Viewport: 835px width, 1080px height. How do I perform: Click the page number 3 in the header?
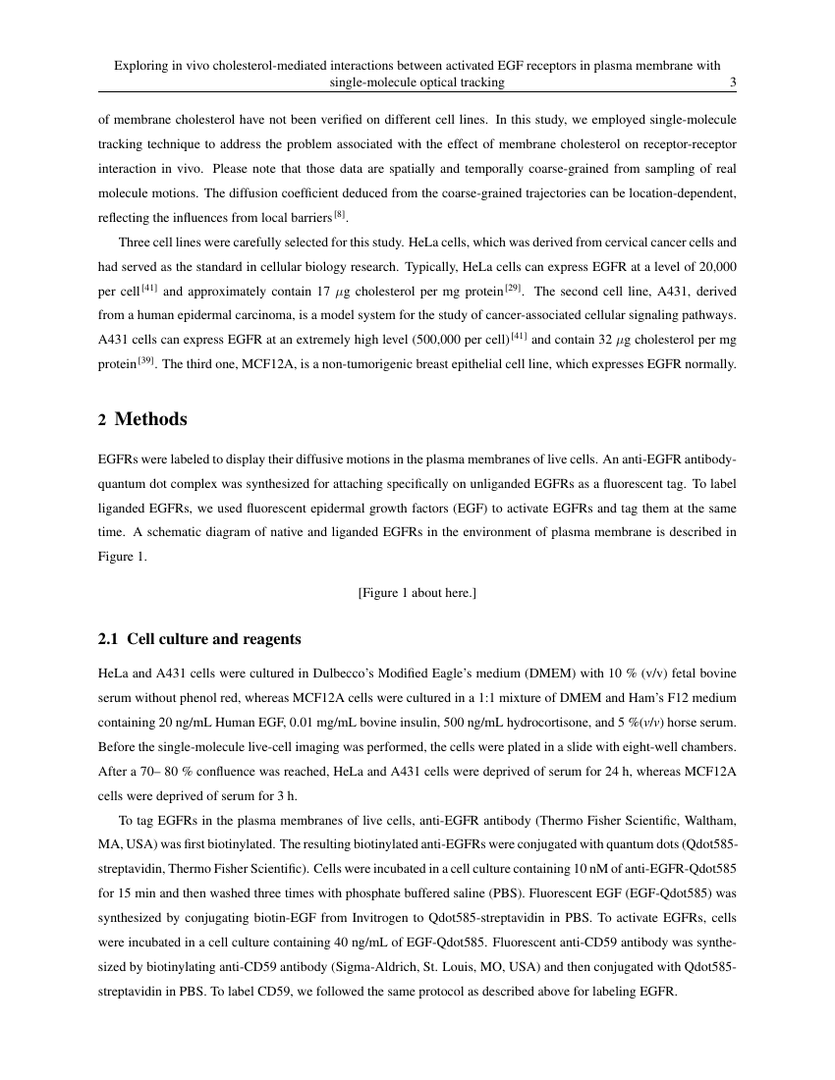pyautogui.click(x=734, y=82)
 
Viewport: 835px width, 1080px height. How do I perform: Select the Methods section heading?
pyautogui.click(x=150, y=419)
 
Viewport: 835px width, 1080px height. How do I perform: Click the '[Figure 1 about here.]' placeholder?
pyautogui.click(x=417, y=592)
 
